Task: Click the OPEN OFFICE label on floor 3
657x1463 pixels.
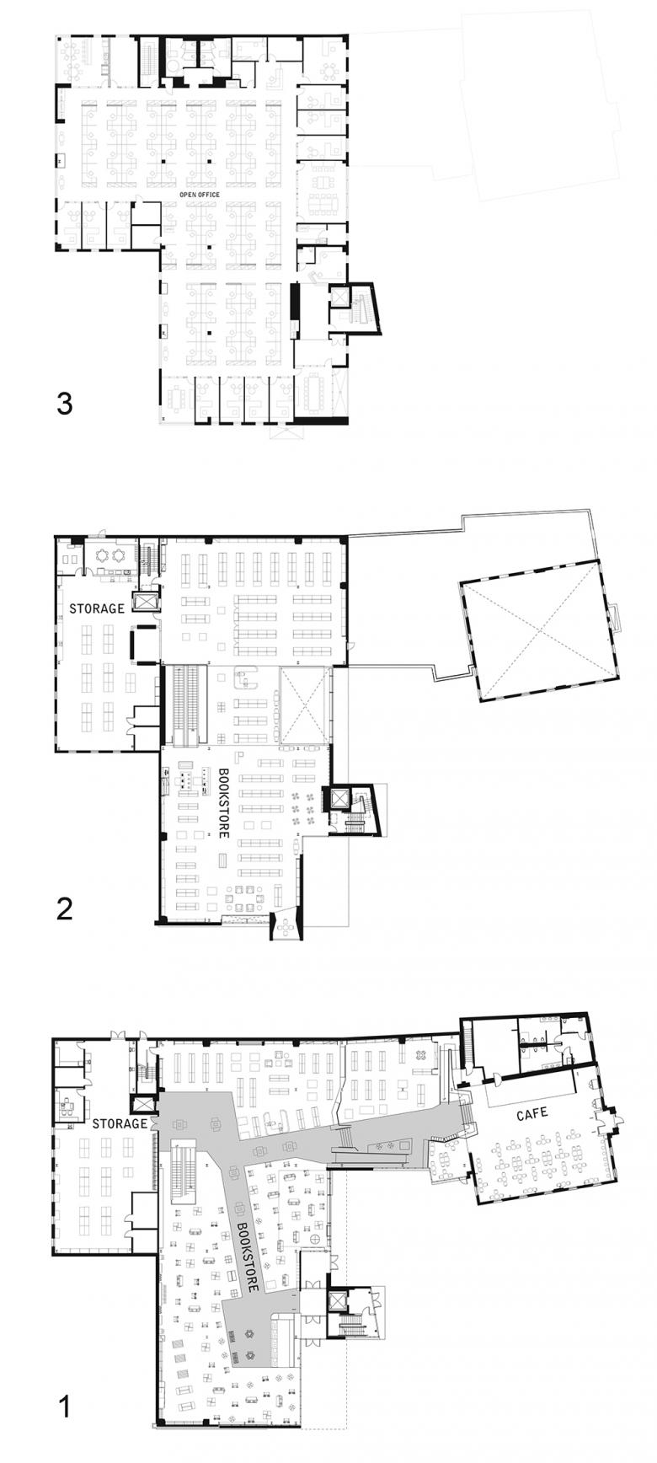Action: tap(199, 195)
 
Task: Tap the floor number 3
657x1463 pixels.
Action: tap(65, 404)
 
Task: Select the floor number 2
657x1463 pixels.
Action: tap(64, 908)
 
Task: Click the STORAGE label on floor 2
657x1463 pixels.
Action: tap(97, 608)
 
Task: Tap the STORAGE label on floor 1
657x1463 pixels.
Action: tap(120, 1123)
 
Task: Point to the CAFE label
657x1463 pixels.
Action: tap(531, 1113)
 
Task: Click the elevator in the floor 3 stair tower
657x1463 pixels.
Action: tap(340, 297)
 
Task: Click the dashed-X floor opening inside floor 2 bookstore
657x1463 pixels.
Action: tap(303, 705)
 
